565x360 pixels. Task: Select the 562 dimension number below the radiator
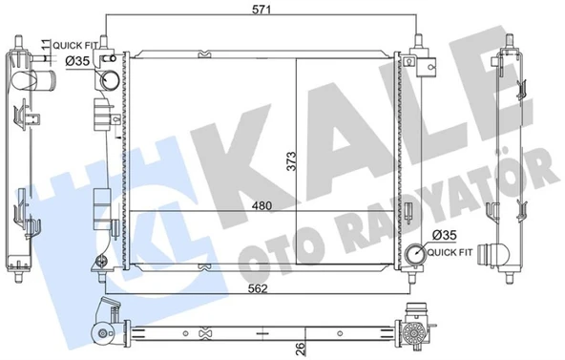pyautogui.click(x=259, y=288)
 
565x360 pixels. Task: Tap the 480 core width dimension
pyautogui.click(x=262, y=205)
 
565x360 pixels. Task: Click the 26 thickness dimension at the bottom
pyautogui.click(x=300, y=349)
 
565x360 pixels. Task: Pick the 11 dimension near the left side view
pyautogui.click(x=45, y=45)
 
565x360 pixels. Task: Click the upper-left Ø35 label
pyautogui.click(x=77, y=61)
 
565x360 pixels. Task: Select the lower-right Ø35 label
pyautogui.click(x=445, y=236)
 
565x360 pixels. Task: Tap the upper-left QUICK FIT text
pyautogui.click(x=75, y=46)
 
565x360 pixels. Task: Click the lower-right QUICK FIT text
pyautogui.click(x=450, y=253)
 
